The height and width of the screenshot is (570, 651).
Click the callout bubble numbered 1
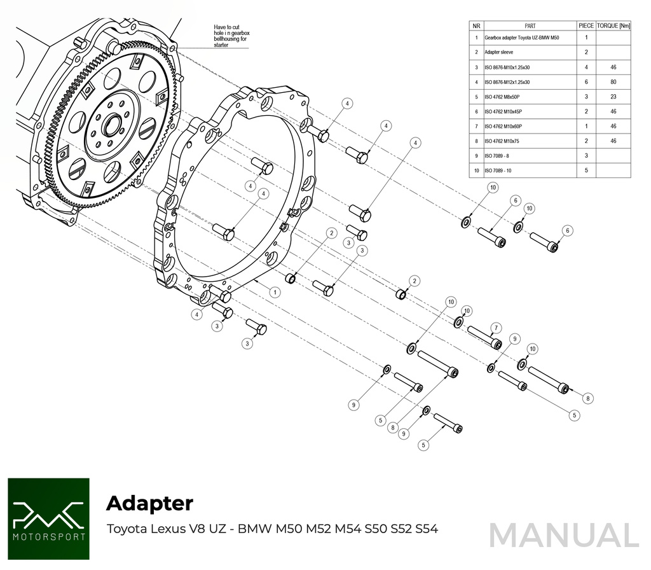coord(275,292)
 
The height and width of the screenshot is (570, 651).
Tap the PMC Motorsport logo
coord(49,518)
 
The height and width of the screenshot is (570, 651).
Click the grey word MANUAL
coord(563,535)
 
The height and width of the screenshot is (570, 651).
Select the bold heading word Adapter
coord(149,503)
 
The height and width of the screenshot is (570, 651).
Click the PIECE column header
coord(586,26)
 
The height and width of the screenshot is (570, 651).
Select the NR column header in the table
coord(476,26)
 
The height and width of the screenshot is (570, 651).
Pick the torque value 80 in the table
coord(613,82)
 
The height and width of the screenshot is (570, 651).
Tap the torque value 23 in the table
coord(613,97)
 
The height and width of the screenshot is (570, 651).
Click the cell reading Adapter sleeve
coord(499,52)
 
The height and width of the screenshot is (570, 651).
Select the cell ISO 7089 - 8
coord(497,156)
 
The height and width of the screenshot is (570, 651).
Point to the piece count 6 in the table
coord(586,82)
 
